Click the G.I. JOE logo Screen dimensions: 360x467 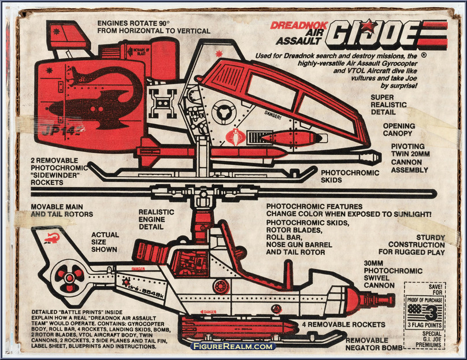point(386,35)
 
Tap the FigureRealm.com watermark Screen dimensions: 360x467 point(233,346)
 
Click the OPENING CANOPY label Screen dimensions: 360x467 point(399,129)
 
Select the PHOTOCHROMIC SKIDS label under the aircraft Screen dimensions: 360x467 point(350,176)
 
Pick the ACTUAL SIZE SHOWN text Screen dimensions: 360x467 point(104,243)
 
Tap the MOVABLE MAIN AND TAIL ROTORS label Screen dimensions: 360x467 point(62,210)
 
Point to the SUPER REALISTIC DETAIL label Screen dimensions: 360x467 point(390,105)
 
